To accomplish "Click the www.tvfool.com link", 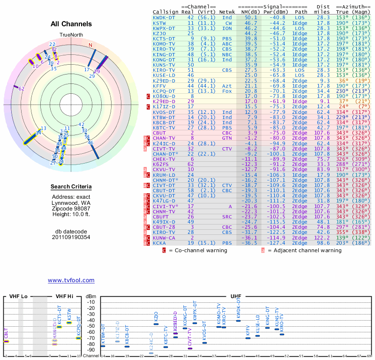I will click(x=71, y=280).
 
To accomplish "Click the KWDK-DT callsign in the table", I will click(x=164, y=17).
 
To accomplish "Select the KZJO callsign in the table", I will click(x=159, y=33).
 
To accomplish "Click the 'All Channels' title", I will click(x=71, y=23).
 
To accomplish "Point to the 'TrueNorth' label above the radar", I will click(x=71, y=35).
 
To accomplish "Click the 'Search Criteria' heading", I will click(x=71, y=187).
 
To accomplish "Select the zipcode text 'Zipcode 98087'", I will click(x=71, y=208).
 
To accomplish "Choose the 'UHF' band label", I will click(x=236, y=297).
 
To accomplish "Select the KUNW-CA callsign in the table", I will click(x=164, y=238).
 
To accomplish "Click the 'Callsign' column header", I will click(x=165, y=12).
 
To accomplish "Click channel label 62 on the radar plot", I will click(x=22, y=89).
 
